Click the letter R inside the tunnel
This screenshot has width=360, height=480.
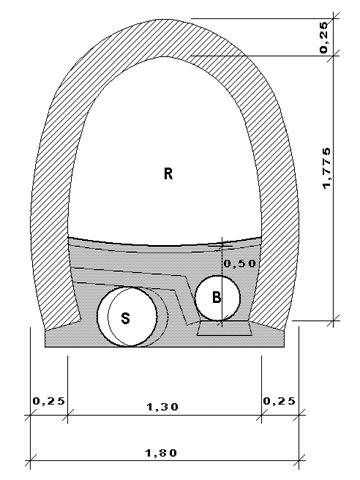coord(168,174)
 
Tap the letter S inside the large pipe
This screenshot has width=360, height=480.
coord(125,319)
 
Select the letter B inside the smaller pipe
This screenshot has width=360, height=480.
coord(217,297)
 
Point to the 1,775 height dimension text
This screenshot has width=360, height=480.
coord(327,168)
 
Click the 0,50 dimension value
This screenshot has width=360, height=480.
coord(240,263)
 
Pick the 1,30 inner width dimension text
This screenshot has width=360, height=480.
coord(163,406)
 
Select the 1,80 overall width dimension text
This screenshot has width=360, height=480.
coord(161,453)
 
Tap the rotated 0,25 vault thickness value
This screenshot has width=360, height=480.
coord(324,37)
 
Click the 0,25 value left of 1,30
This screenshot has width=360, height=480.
coord(49,401)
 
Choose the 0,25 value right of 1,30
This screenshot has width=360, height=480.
coord(279,401)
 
